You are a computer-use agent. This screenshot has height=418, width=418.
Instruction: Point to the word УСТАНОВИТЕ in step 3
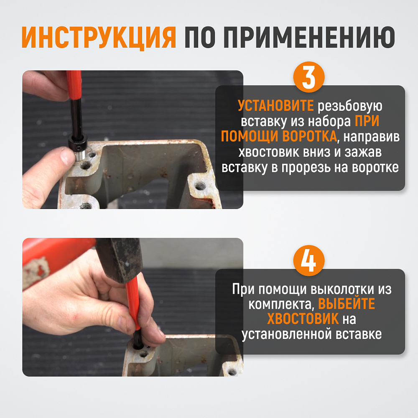(275, 106)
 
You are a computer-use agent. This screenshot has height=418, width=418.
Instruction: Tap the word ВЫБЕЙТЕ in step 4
(347, 304)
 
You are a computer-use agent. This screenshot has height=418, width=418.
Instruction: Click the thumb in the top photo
(61, 158)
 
